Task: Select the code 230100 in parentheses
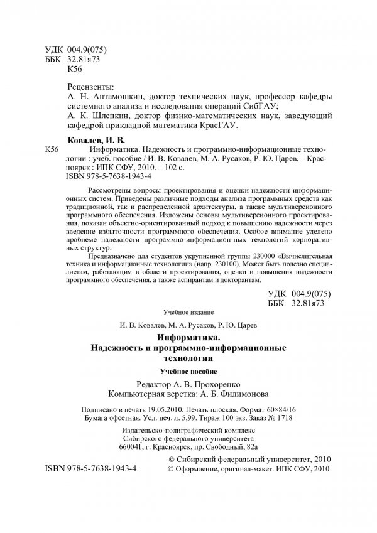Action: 199,265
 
